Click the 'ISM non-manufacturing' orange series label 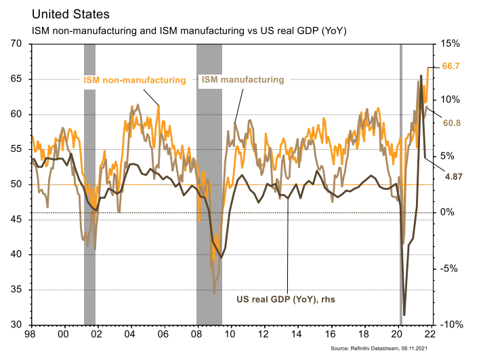click(x=134, y=80)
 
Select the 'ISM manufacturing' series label click(x=241, y=80)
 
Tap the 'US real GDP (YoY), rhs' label click(x=286, y=298)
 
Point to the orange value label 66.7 click(x=451, y=66)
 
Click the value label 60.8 click(x=452, y=123)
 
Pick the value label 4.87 click(x=453, y=176)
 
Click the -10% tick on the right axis click(x=448, y=325)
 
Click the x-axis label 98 click(x=30, y=335)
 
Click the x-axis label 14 click(x=297, y=335)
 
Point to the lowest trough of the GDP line click(x=404, y=315)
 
